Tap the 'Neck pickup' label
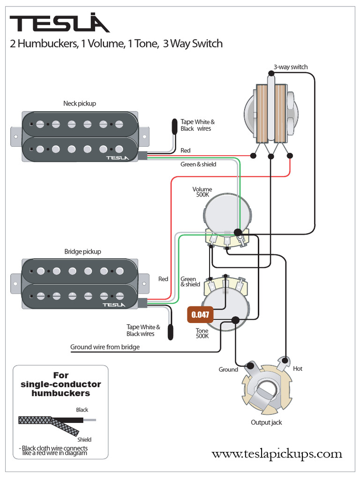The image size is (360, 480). point(80,104)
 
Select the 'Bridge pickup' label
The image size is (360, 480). point(82,252)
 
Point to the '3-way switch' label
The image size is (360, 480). point(291,67)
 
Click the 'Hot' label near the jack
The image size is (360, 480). point(297,368)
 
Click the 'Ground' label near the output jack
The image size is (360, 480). point(228,369)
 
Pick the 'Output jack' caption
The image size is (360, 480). point(266,422)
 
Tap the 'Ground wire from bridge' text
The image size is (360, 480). point(105,347)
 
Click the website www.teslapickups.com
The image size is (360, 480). point(277,454)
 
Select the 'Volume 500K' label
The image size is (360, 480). point(202,192)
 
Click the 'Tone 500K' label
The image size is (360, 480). point(202,333)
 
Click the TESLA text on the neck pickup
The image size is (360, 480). point(117,158)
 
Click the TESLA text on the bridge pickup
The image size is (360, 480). point(114,305)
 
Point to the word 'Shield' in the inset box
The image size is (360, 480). point(84,440)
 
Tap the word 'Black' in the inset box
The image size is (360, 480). point(82,410)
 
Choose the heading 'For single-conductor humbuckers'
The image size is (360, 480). point(61,384)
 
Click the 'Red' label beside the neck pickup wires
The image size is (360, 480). point(186,150)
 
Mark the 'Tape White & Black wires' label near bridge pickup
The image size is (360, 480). point(143,330)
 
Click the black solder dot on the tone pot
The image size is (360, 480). point(235,320)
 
